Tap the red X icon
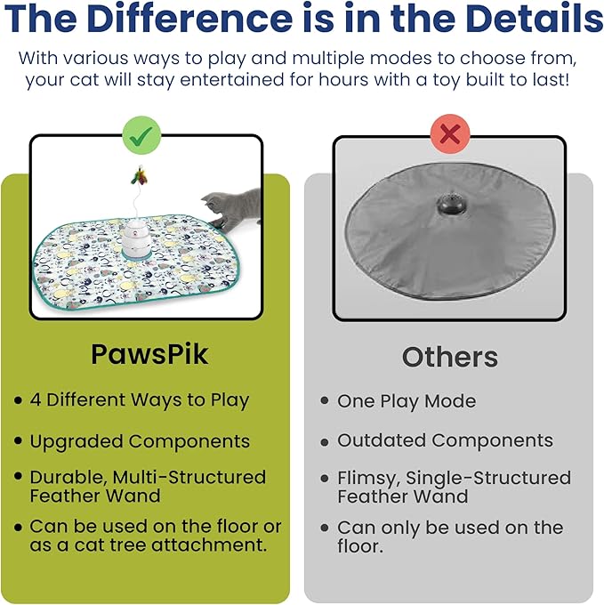click(x=450, y=135)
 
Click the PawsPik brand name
click(x=149, y=354)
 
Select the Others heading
click(x=449, y=357)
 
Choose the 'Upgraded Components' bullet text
click(x=140, y=441)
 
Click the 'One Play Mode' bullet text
click(x=406, y=401)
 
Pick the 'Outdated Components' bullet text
click(x=445, y=440)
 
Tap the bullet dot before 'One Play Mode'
click(x=325, y=402)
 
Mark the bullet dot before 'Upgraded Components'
click(x=18, y=442)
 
